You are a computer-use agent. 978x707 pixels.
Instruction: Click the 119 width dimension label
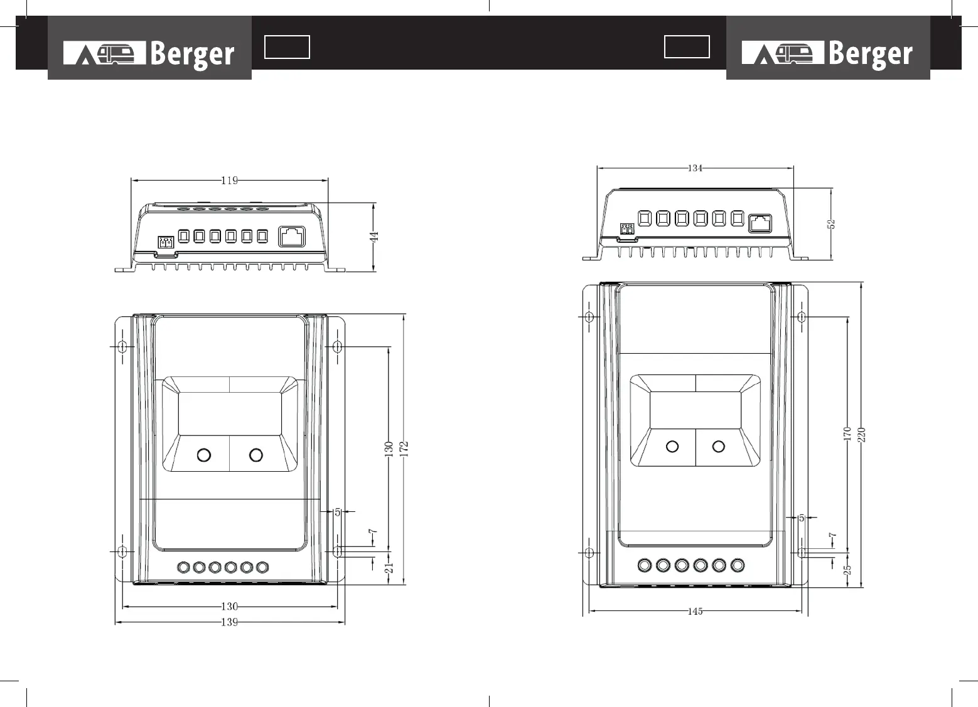pos(230,181)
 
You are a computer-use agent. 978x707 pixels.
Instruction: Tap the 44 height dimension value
pos(374,237)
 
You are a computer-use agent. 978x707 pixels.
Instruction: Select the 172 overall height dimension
pos(405,448)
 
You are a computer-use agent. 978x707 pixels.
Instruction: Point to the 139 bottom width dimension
pos(230,622)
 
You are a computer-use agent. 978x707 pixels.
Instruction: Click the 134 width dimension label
pos(695,168)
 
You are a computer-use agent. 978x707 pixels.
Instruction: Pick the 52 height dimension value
pos(832,224)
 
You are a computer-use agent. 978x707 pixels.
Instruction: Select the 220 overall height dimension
pos(862,434)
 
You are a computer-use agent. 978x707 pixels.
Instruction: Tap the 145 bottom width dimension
pos(695,612)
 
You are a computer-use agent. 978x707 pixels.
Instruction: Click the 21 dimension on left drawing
pos(389,568)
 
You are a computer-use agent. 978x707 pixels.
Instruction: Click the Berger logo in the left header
pos(149,53)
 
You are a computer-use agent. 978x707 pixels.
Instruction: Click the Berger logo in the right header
pos(827,53)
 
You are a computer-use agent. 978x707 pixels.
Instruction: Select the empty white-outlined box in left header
pos(287,47)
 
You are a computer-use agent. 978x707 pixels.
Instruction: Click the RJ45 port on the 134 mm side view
pos(761,223)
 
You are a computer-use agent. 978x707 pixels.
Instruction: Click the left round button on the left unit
pos(203,455)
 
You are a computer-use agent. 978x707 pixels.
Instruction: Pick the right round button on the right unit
pos(719,446)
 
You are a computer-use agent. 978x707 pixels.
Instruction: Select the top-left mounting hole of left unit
pos(122,346)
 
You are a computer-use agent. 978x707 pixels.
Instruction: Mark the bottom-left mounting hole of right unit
pos(589,553)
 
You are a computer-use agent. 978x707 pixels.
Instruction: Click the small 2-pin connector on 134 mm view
pos(626,230)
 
